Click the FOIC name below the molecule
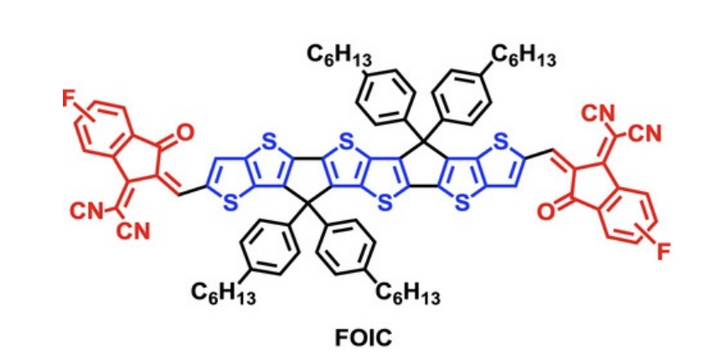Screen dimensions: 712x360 [363, 337]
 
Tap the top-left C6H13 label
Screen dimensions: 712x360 [339, 57]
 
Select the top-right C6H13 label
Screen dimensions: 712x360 [523, 57]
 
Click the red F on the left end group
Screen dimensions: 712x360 [69, 100]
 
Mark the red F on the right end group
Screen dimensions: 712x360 [663, 252]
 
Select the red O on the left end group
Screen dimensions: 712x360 [185, 132]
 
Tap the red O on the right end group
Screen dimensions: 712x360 [546, 212]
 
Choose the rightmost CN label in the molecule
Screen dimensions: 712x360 [646, 134]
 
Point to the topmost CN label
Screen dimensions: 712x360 [598, 114]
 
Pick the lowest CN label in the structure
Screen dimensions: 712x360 [133, 232]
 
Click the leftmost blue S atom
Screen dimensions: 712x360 [231, 204]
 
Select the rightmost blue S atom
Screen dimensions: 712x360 [500, 142]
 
